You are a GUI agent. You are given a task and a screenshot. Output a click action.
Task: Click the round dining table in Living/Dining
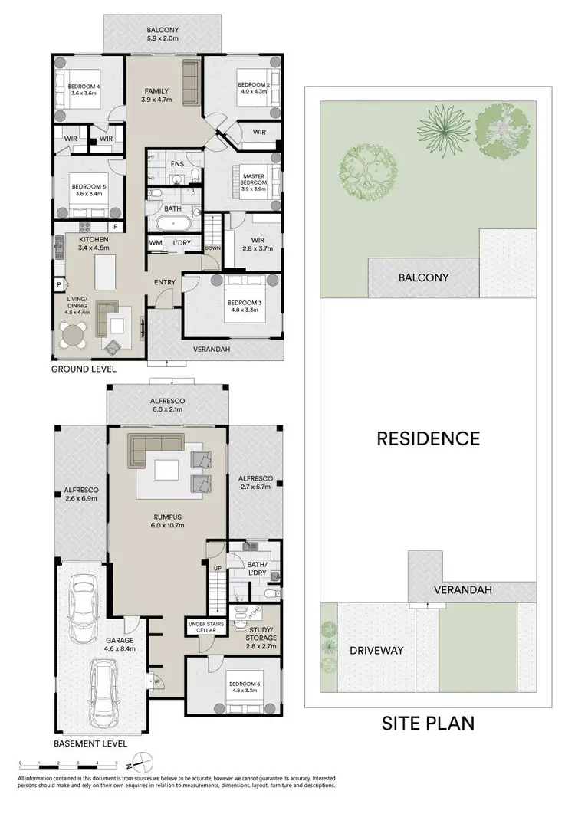74,334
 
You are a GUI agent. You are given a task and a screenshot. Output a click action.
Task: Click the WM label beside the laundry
155,244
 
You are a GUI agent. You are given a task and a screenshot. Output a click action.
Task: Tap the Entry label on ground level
164,283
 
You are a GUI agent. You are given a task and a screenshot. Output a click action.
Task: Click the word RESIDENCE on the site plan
428,438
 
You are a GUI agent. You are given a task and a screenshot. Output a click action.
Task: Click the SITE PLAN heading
428,723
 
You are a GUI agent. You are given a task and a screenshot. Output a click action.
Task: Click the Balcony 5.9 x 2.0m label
162,33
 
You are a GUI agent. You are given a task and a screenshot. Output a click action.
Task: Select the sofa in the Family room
190,76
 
